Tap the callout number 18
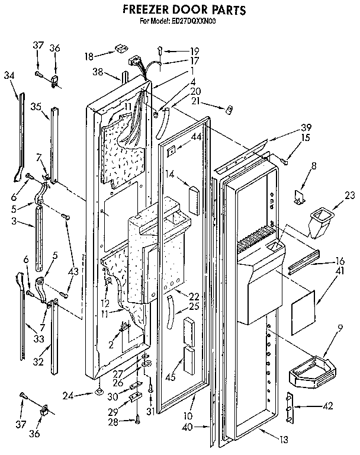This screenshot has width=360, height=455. [89, 57]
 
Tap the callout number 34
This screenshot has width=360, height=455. [9, 75]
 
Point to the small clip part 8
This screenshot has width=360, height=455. [299, 194]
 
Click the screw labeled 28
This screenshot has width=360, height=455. [137, 421]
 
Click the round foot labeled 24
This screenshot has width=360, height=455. [96, 393]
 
